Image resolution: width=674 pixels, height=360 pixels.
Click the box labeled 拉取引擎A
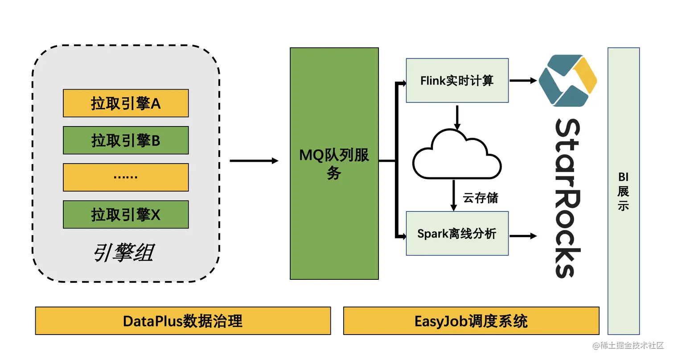(x=126, y=103)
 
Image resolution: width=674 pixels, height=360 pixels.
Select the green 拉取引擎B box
(x=126, y=140)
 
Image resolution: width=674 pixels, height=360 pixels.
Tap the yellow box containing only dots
(x=126, y=177)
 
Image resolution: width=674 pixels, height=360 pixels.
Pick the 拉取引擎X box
(x=126, y=214)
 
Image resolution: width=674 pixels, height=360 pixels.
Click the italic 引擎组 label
(x=123, y=253)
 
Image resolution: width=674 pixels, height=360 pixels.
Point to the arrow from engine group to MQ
(x=254, y=161)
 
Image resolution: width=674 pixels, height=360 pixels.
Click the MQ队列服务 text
(x=334, y=164)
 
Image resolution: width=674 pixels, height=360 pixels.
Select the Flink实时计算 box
(x=457, y=81)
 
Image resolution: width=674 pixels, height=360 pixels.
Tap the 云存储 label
(x=481, y=198)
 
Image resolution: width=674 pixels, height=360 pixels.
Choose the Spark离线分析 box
(x=457, y=233)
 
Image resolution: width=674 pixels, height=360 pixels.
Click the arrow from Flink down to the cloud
(x=457, y=117)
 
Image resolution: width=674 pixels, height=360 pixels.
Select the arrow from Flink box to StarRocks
(x=523, y=81)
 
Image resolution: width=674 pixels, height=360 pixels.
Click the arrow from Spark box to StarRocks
(x=523, y=236)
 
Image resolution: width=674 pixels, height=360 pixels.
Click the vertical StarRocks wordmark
(x=567, y=198)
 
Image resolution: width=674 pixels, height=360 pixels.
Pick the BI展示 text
(x=623, y=191)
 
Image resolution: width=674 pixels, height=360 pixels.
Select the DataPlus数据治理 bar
(x=183, y=321)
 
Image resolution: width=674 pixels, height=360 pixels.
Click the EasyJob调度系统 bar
(x=471, y=321)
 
